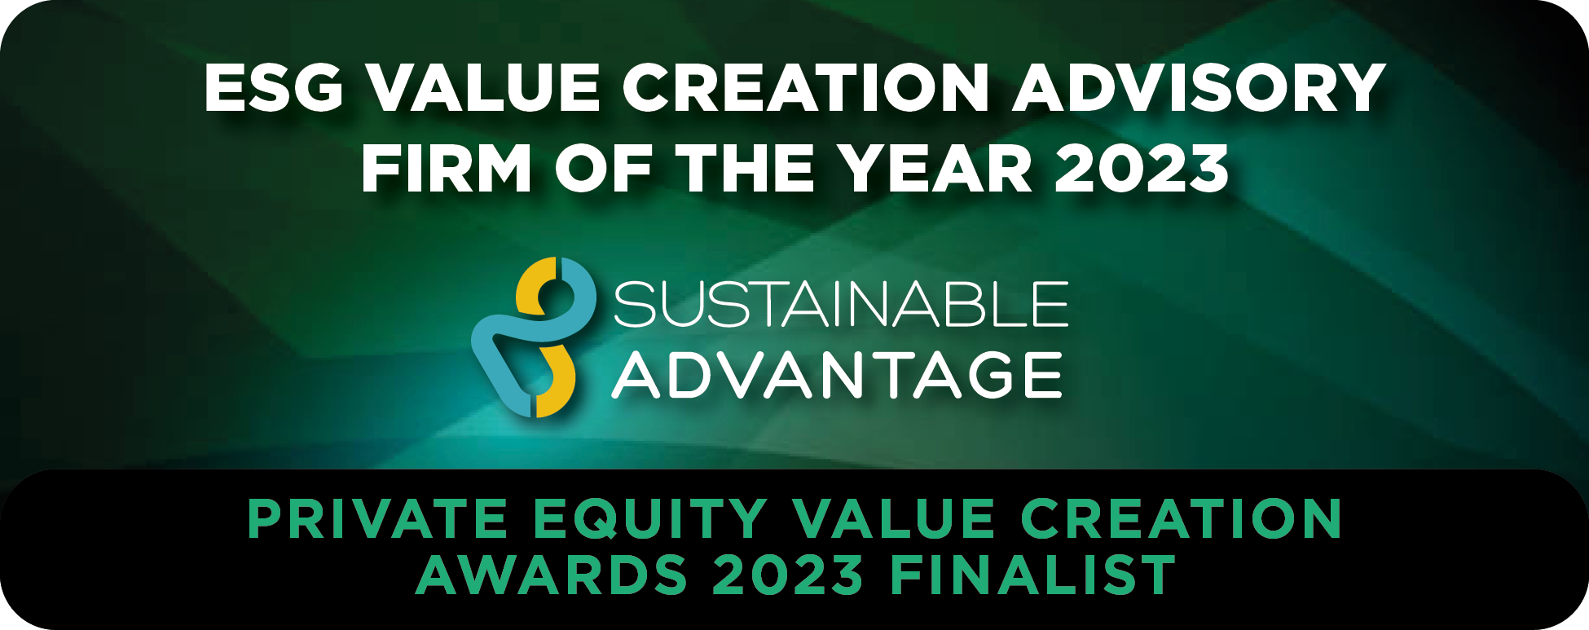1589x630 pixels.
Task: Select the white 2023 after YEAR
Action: point(1142,168)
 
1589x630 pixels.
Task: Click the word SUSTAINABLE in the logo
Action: point(840,304)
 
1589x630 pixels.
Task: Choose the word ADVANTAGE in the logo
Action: point(838,375)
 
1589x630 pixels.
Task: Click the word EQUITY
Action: point(649,519)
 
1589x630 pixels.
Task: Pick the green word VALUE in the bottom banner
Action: point(894,518)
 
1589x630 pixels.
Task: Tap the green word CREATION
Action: point(1181,518)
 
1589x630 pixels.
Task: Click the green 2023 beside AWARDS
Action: point(788,575)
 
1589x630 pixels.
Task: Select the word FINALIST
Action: point(1032,575)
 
